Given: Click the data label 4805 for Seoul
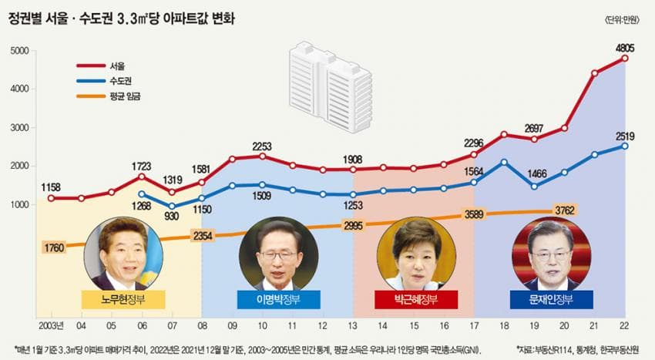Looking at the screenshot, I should (x=625, y=48).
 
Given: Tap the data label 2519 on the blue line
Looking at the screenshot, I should (x=625, y=136).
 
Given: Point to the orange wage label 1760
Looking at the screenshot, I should (x=55, y=248).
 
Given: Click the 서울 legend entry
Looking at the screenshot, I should (x=118, y=65).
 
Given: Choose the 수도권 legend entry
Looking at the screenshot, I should (x=121, y=80).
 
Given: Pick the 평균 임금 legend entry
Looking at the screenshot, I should (x=126, y=96).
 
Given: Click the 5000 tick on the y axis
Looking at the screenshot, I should (x=20, y=52).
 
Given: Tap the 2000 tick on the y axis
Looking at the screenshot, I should (x=20, y=167).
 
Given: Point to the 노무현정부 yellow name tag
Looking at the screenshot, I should (x=123, y=299).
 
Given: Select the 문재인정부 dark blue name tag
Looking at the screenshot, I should (x=551, y=299).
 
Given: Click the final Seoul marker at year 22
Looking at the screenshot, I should (x=625, y=59).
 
